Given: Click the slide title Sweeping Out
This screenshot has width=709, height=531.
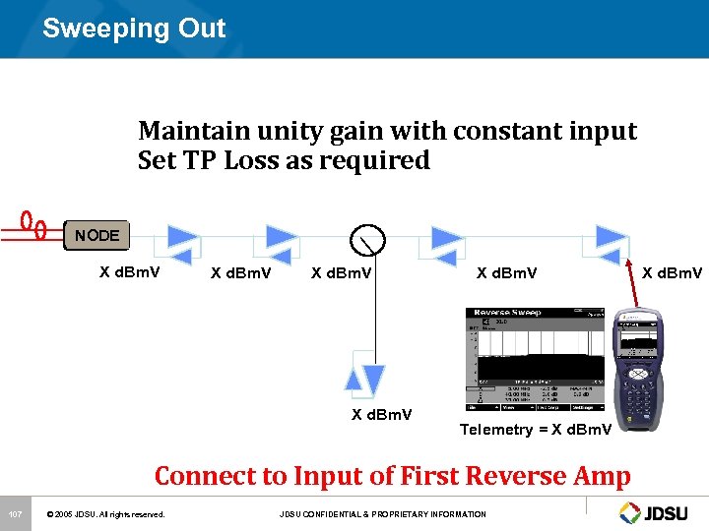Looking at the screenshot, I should pos(134,29).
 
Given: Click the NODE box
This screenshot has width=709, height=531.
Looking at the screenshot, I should pos(97,236).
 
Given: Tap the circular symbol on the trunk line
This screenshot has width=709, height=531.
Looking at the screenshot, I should pos(367,238).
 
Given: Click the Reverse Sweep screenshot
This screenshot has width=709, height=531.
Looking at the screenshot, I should pos(535,360).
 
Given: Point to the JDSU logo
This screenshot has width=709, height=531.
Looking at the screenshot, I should pos(659,512).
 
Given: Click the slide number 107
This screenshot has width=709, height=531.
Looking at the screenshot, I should pos(15,514).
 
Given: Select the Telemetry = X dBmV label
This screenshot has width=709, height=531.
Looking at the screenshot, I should pos(536,430).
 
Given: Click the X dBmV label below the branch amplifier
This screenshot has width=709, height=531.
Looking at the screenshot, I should pos(382,414).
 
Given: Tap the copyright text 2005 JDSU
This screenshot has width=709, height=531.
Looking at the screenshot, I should pos(107,514).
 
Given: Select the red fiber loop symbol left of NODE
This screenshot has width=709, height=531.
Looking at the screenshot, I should pos(33,224).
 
